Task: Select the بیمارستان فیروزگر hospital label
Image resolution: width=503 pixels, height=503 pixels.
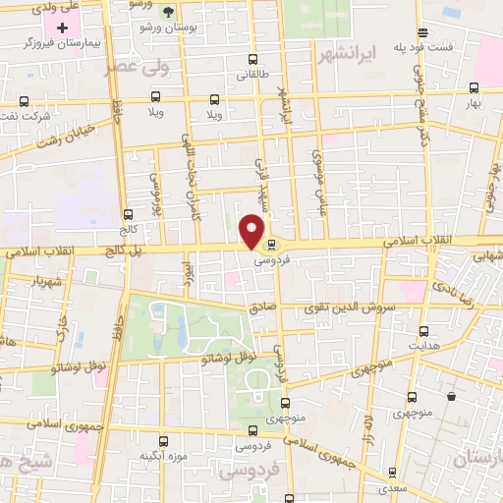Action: click(x=58, y=44)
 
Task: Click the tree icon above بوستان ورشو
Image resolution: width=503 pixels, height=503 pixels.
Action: click(x=168, y=13)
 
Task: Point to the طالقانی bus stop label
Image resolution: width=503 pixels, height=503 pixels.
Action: click(x=245, y=73)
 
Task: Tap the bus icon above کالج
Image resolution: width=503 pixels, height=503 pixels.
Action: click(x=129, y=214)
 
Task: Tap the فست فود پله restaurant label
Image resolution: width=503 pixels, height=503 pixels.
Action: click(x=423, y=46)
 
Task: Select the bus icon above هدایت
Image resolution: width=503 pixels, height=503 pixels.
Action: click(x=423, y=331)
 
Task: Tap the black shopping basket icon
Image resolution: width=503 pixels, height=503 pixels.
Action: click(x=451, y=397)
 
